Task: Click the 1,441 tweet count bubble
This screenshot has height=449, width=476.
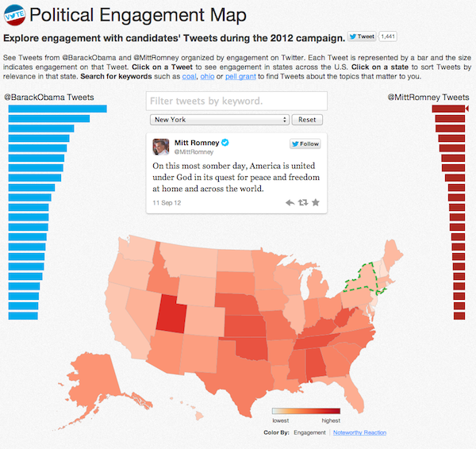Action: [389, 36]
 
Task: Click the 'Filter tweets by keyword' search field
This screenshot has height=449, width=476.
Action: [236, 102]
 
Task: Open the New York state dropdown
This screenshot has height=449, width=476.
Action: [219, 120]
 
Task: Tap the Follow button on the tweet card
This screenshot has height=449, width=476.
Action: [305, 144]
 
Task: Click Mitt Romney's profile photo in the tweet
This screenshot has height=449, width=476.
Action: [160, 147]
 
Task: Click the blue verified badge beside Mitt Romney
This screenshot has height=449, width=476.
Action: [225, 143]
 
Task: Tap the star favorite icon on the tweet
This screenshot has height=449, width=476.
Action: [315, 203]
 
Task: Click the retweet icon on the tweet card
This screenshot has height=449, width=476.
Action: [302, 203]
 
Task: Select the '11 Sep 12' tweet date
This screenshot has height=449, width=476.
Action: [167, 203]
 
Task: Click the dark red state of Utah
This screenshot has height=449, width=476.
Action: [169, 313]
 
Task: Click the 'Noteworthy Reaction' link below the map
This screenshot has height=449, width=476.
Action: [359, 432]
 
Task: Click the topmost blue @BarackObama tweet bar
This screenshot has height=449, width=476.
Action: [57, 108]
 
